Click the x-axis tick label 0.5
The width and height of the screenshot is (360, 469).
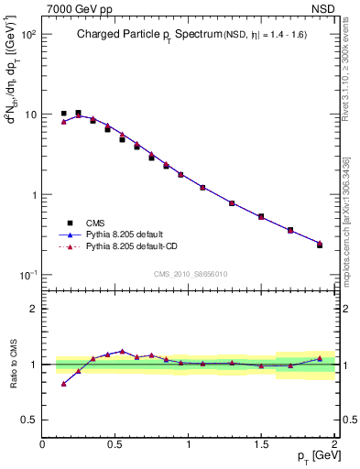click(x=115, y=443)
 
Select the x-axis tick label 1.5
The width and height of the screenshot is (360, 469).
click(x=261, y=443)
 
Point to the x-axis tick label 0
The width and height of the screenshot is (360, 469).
click(x=42, y=443)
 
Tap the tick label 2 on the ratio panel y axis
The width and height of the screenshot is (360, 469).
click(x=33, y=309)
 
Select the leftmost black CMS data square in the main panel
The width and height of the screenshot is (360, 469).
click(x=63, y=114)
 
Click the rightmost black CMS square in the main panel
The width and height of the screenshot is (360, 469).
click(x=320, y=245)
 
